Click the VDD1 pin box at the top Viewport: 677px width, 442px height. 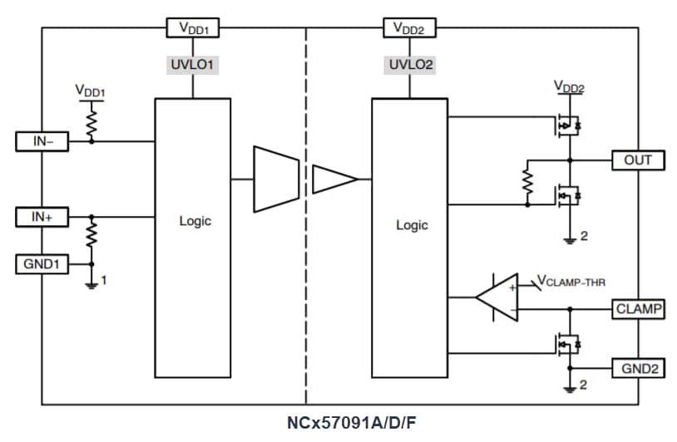193,27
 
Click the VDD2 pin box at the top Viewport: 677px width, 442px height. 409,27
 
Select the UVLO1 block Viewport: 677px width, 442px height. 193,63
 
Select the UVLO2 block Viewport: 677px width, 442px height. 409,63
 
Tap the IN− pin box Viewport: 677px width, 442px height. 42,141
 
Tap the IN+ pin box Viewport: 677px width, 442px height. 42,218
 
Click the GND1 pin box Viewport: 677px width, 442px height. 42,264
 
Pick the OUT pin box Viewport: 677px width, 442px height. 638,160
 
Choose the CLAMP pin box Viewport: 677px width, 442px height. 638,309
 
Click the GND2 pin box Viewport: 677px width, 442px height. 638,367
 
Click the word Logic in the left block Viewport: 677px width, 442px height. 195,221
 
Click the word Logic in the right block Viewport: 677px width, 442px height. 412,225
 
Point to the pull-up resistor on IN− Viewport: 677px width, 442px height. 91,123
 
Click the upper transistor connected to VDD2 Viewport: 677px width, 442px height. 566,125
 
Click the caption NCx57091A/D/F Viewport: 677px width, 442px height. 352,423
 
